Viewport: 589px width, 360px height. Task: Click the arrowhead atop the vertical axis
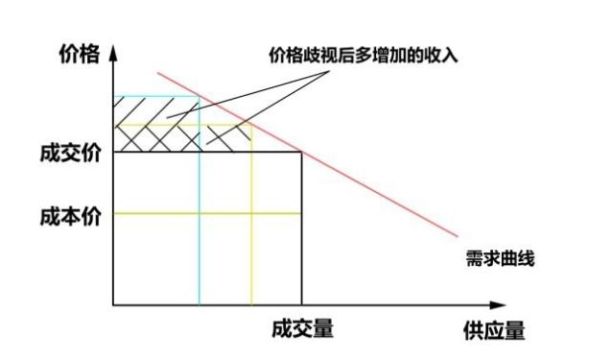tap(114, 50)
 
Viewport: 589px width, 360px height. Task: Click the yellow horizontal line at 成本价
tap(207, 213)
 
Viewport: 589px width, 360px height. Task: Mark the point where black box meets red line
tap(301, 152)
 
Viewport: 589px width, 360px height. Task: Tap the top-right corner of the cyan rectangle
tap(200, 97)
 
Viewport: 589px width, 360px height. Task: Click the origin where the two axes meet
tap(114, 305)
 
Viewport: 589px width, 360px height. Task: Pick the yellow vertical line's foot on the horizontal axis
tap(251, 305)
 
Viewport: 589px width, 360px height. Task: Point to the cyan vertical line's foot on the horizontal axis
tap(200, 305)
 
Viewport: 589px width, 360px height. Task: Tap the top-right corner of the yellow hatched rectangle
tap(251, 125)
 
